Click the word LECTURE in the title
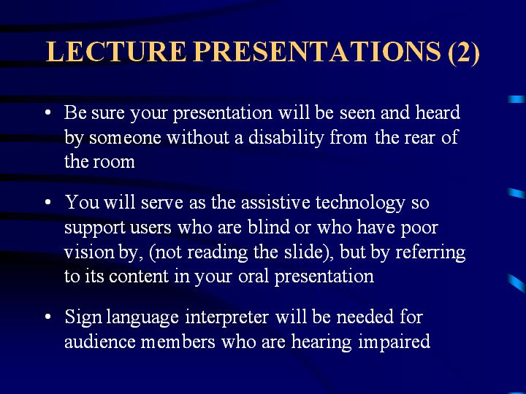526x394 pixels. pyautogui.click(x=115, y=51)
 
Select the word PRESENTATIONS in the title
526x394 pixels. pyautogui.click(x=317, y=51)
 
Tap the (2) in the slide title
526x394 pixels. pyautogui.click(x=464, y=53)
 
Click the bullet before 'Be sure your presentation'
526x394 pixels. pyautogui.click(x=48, y=112)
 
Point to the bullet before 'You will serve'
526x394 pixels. pyautogui.click(x=48, y=202)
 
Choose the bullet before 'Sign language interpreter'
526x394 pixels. pyautogui.click(x=48, y=317)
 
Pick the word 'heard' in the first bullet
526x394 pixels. pyautogui.click(x=438, y=112)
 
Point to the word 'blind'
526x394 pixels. pyautogui.click(x=269, y=227)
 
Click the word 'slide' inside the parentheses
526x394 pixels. pyautogui.click(x=303, y=252)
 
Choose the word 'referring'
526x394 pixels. pyautogui.click(x=431, y=252)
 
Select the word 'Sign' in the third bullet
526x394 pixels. pyautogui.click(x=83, y=317)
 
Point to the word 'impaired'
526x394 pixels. pyautogui.click(x=394, y=342)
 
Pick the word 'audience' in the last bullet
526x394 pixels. pyautogui.click(x=100, y=341)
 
